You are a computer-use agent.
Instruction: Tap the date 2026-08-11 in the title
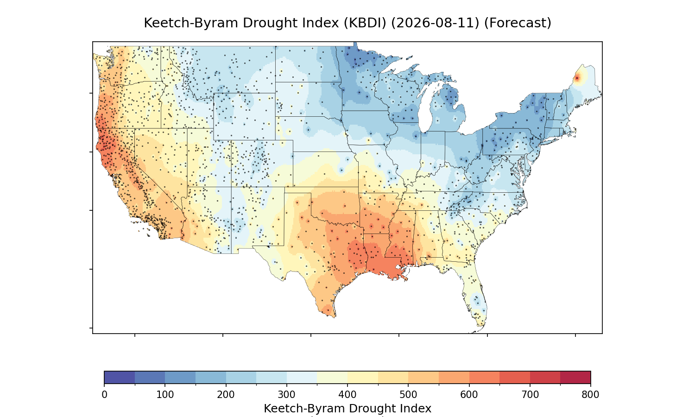(435, 23)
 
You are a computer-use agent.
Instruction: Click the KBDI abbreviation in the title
(365, 23)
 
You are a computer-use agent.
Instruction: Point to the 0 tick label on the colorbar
(105, 395)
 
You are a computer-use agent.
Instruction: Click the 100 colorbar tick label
(165, 395)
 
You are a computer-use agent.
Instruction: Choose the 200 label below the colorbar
(226, 395)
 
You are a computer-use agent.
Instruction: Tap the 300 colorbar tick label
(287, 395)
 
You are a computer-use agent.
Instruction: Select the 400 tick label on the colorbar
(347, 395)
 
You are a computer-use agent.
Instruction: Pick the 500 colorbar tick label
(408, 395)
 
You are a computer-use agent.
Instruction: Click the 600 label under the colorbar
(469, 395)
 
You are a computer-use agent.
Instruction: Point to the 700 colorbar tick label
(530, 395)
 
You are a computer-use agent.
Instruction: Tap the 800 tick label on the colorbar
(590, 395)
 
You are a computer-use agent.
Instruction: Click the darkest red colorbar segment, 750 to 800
(575, 377)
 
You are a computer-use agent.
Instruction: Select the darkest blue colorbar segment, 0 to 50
(120, 377)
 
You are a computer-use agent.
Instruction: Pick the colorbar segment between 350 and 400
(332, 377)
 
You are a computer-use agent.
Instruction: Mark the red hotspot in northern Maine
(577, 78)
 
